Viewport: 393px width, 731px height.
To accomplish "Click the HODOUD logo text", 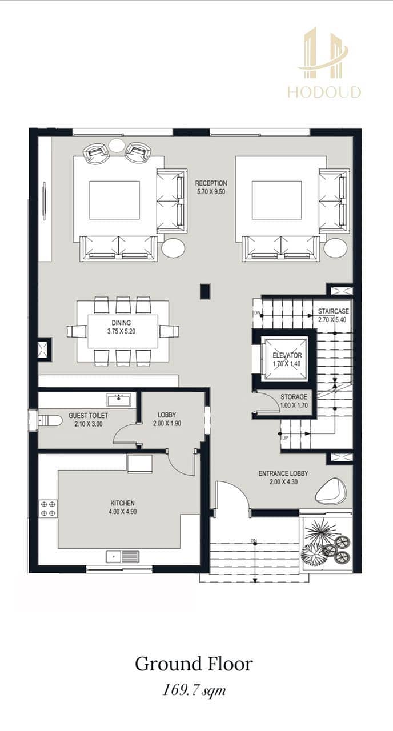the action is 324,92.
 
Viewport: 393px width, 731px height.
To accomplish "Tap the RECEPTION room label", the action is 211,183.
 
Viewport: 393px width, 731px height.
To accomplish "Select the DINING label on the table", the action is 121,323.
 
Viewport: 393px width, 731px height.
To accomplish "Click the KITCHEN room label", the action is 122,503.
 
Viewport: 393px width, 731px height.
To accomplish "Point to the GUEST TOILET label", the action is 88,415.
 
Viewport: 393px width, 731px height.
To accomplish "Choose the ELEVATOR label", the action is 287,355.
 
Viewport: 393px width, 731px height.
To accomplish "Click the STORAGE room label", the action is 294,397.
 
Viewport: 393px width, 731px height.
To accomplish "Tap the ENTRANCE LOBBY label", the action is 283,473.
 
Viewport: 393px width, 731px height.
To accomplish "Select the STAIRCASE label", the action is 334,311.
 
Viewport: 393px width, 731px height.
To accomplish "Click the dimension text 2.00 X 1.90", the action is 167,424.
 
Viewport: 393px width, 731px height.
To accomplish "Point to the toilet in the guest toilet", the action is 50,421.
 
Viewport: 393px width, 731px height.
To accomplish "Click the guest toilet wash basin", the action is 119,399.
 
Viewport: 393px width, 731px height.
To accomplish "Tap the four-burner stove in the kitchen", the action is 48,509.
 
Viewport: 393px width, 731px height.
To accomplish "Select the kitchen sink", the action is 123,556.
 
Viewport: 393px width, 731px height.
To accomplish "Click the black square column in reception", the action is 205,291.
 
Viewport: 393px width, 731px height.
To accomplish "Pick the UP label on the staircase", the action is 285,438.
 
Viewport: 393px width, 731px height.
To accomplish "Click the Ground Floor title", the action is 194,664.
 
